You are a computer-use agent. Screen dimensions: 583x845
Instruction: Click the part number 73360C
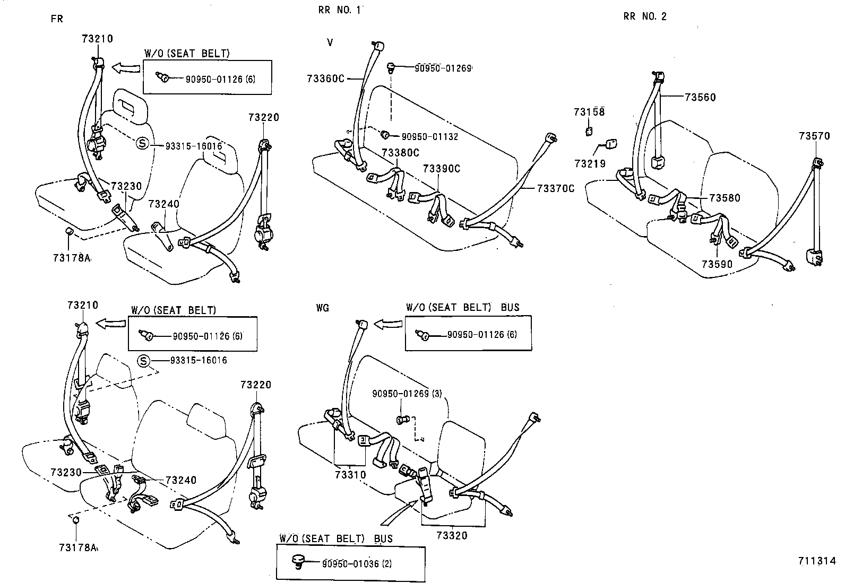click(x=325, y=79)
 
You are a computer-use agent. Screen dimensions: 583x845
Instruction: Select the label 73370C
click(x=555, y=188)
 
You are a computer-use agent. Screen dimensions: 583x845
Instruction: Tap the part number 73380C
click(x=400, y=153)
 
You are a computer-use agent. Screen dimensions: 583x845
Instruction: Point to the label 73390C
click(x=441, y=169)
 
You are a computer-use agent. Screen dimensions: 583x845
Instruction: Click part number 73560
click(x=700, y=97)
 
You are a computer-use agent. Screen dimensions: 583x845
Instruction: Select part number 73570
click(x=814, y=136)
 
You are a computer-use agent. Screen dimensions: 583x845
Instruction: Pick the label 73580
click(x=725, y=198)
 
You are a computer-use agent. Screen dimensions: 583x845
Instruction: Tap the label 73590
click(x=717, y=264)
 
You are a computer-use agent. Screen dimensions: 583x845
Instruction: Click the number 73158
click(x=589, y=112)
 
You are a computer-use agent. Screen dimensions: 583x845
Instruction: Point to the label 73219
click(x=589, y=164)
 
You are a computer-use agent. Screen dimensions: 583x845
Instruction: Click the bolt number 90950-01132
click(x=429, y=136)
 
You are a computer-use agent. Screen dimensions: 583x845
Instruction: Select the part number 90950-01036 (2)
click(x=356, y=563)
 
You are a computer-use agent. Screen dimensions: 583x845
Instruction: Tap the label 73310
click(x=350, y=474)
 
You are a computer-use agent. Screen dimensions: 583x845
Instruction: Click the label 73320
click(x=452, y=536)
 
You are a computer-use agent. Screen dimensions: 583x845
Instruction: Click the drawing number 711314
click(x=816, y=561)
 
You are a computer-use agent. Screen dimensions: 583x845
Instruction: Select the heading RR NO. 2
click(x=645, y=16)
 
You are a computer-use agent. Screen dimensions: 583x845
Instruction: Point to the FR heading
click(x=57, y=19)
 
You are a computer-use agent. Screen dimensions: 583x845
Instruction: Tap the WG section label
click(x=322, y=308)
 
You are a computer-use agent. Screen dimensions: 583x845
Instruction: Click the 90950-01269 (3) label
click(x=407, y=394)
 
